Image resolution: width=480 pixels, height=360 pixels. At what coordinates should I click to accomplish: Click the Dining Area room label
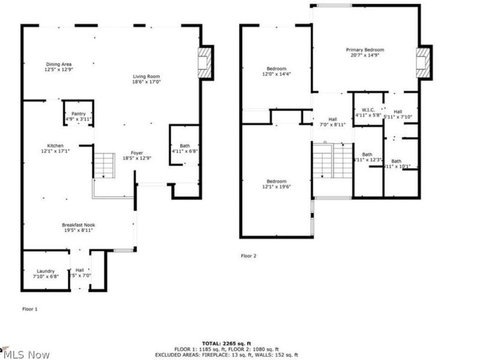58,67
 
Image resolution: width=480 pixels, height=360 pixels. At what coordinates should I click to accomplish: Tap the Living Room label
146,79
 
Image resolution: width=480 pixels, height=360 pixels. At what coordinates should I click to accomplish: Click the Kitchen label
56,148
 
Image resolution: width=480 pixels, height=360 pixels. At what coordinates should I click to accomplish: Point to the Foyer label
137,155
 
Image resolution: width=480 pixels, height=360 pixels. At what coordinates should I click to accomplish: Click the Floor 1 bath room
184,148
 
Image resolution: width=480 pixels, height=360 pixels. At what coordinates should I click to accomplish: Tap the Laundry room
46,274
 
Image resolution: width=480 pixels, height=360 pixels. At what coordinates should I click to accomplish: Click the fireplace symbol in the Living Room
205,62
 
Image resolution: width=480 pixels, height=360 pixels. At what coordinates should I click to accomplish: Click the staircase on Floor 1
104,165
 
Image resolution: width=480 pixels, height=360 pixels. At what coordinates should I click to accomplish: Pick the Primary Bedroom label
364,52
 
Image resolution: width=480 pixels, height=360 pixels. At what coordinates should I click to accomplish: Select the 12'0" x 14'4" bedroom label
276,71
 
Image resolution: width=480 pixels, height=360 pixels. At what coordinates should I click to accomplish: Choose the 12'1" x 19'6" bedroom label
276,184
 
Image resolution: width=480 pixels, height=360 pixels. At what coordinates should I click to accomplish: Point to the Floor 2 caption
248,256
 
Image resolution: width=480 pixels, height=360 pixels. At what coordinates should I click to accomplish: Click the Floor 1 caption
30,309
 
